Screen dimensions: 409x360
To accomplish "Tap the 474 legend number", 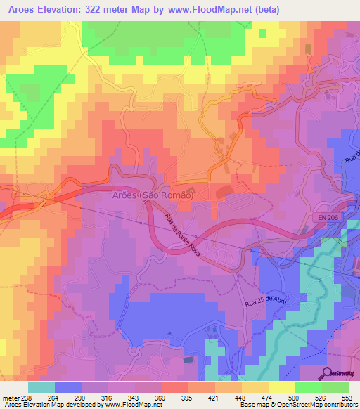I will tap(268, 398).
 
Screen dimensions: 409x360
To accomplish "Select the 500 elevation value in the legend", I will tap(295, 398).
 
